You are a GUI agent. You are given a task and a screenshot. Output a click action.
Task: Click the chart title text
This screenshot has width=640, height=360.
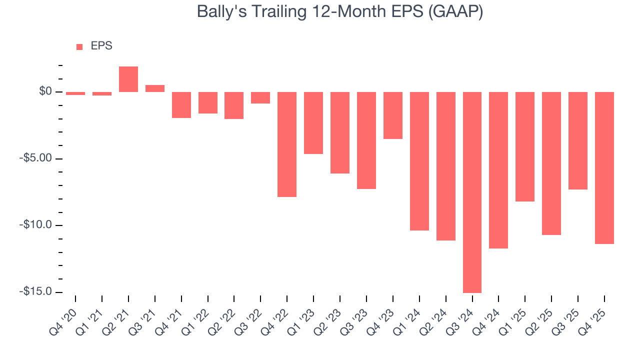tap(340, 11)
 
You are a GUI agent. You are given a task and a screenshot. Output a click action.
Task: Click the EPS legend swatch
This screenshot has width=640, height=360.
tap(79, 47)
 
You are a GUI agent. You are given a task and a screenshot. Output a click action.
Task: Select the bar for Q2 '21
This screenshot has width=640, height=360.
tap(128, 79)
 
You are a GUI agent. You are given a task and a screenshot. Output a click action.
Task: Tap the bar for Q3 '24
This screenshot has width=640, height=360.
tap(472, 192)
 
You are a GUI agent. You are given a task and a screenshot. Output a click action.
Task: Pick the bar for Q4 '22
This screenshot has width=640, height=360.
tap(287, 144)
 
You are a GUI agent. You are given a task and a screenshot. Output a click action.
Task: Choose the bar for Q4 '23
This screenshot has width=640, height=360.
tap(393, 115)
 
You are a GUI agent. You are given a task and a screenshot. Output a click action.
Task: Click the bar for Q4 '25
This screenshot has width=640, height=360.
tap(604, 167)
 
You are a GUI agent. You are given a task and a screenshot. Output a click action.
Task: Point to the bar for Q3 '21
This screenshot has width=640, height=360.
tap(155, 88)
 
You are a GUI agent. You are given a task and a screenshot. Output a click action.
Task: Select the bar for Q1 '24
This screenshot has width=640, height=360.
tap(419, 161)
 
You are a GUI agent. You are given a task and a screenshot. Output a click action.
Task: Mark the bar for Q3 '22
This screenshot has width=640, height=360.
tap(260, 97)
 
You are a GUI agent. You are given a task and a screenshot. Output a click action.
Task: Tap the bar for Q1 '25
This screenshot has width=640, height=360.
tap(525, 146)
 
